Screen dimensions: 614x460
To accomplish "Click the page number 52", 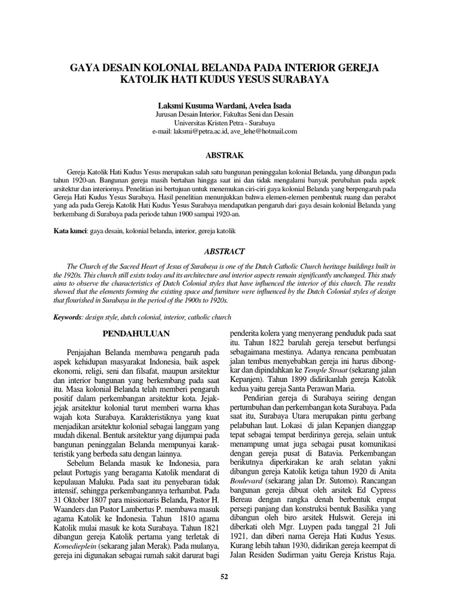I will click(x=225, y=577).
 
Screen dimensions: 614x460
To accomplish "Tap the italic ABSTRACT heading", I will click(x=225, y=252).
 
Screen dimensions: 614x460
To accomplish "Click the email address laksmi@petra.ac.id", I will click(x=201, y=131).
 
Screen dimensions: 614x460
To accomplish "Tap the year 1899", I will click(x=302, y=389).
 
